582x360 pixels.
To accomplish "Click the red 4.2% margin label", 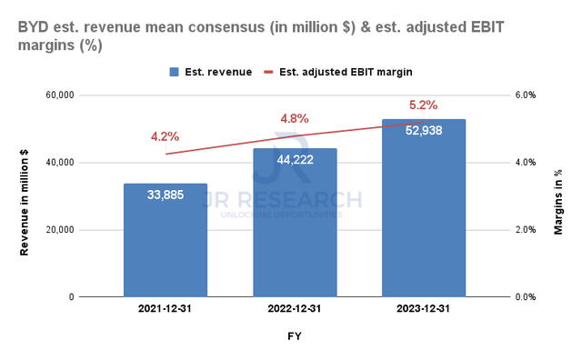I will coord(166,137).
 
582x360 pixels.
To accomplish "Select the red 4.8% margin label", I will coord(295,118).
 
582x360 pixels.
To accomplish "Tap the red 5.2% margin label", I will coord(424,105).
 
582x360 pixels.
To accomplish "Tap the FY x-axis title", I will coord(295,338).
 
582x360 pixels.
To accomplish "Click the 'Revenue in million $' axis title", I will coord(25,195).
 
